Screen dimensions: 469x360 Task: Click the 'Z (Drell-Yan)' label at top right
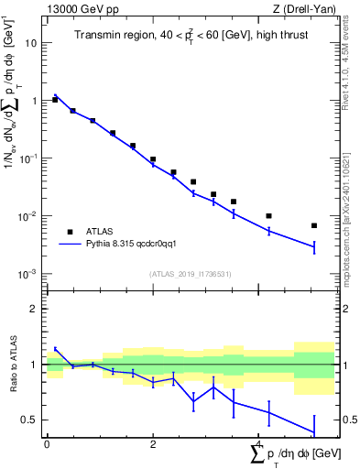pos(306,9)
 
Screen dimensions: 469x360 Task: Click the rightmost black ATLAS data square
pos(314,225)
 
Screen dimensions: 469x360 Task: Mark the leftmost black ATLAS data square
pos(55,99)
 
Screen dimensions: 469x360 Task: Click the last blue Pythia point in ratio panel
pos(314,432)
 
